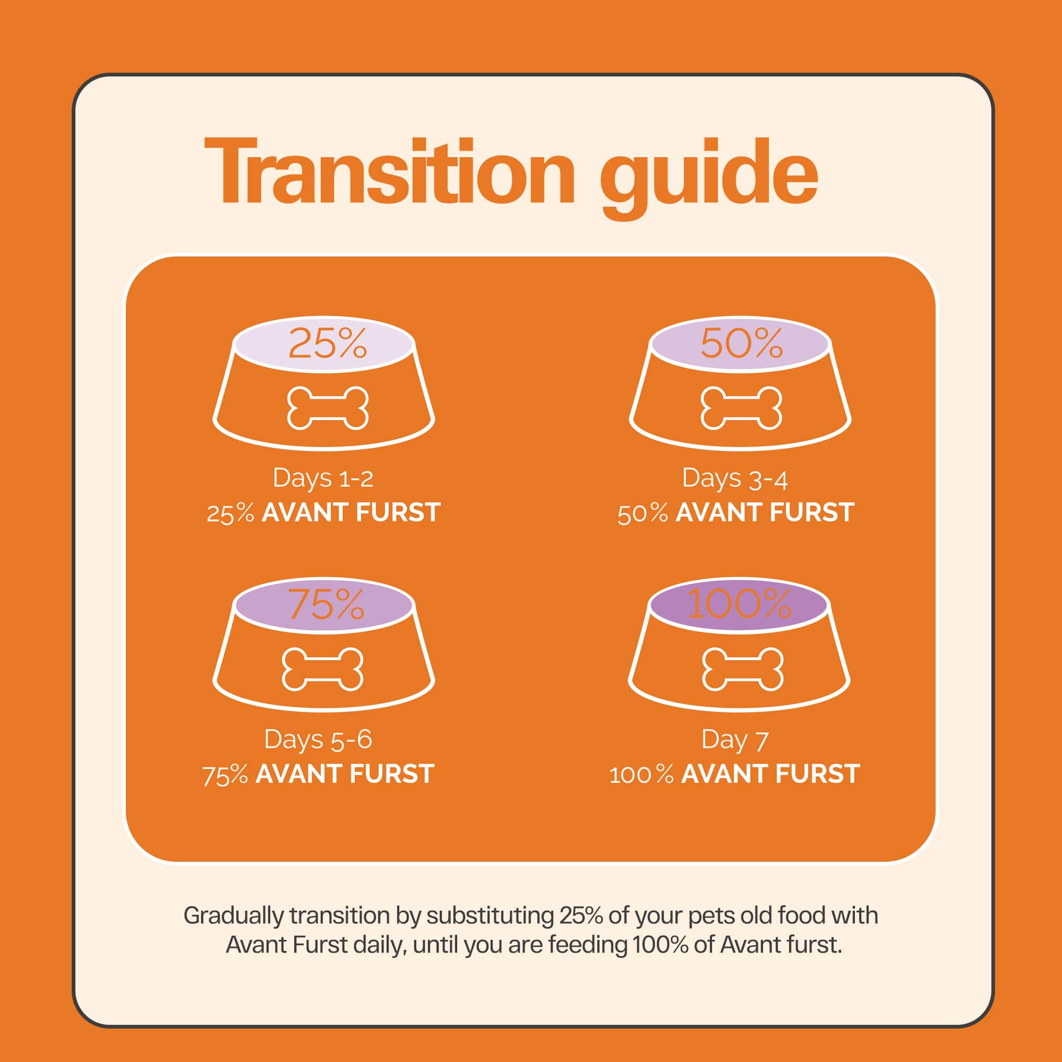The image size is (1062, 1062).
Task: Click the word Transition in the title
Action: [x=389, y=171]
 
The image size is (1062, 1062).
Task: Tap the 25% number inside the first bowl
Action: [x=328, y=344]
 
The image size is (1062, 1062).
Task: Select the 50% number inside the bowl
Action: [x=741, y=344]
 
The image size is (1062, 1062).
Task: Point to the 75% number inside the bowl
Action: [x=327, y=604]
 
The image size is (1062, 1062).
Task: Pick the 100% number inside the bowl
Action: [x=739, y=604]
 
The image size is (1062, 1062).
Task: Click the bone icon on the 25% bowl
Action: [x=328, y=408]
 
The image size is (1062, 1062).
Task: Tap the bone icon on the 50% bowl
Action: [x=741, y=408]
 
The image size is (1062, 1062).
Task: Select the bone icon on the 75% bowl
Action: [x=323, y=669]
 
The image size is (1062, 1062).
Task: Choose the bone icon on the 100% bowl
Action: [x=743, y=669]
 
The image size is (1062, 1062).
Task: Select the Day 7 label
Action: [x=735, y=740]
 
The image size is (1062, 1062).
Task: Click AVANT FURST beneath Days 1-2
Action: [x=351, y=512]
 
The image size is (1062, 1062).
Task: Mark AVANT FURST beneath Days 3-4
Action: [x=765, y=512]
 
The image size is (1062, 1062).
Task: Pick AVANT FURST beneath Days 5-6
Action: [x=345, y=774]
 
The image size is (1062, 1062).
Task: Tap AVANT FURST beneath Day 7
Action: [x=770, y=774]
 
